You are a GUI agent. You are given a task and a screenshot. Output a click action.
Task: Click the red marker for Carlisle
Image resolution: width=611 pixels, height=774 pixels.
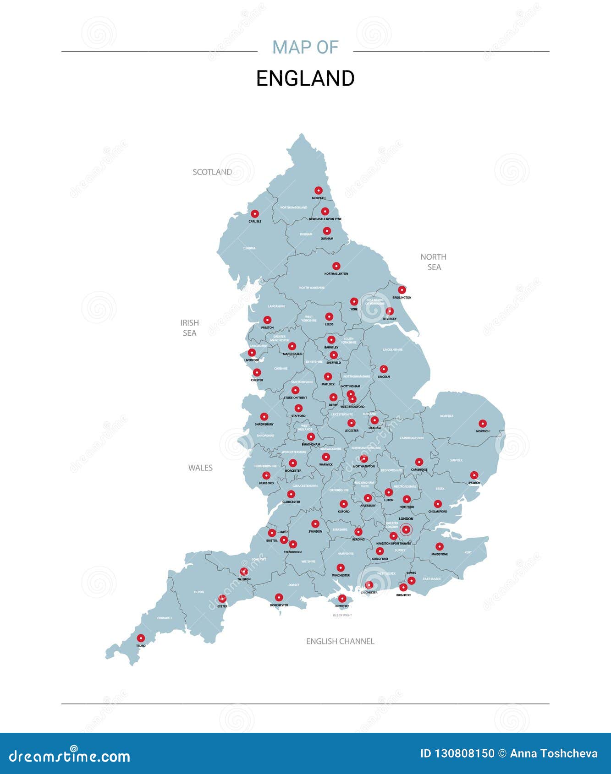click(x=255, y=214)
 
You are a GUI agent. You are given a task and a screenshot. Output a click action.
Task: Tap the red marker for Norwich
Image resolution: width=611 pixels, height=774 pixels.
click(x=482, y=424)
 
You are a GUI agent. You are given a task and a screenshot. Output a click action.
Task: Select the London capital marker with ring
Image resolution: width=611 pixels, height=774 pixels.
click(x=406, y=529)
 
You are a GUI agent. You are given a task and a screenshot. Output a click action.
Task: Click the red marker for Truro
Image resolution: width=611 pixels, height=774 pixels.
click(x=141, y=638)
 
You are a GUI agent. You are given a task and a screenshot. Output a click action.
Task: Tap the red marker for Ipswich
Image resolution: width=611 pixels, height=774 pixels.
click(x=474, y=475)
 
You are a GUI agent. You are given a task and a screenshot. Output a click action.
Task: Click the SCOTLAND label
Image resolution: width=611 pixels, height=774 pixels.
click(x=212, y=172)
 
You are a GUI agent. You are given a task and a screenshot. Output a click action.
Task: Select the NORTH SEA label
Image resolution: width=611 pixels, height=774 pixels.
click(x=434, y=262)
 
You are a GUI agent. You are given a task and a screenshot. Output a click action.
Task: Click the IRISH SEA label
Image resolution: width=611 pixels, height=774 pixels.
click(x=189, y=328)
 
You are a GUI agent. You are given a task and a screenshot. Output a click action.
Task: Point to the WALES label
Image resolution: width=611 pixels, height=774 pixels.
click(x=200, y=468)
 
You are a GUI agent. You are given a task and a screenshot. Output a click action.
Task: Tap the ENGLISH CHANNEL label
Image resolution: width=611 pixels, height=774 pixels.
click(x=340, y=641)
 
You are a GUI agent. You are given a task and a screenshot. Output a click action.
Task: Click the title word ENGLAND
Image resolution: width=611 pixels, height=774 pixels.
click(x=305, y=78)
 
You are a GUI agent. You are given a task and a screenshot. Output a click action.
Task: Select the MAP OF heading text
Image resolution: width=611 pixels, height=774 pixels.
click(x=305, y=47)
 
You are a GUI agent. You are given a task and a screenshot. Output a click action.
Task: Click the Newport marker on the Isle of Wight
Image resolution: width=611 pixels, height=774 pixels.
click(x=342, y=599)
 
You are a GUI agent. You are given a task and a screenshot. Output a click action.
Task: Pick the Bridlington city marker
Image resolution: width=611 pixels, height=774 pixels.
click(x=402, y=290)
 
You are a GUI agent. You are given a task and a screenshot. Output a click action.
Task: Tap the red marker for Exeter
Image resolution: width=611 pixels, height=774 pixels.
click(x=222, y=599)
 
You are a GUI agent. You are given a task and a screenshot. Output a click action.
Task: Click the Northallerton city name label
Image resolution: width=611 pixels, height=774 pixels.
click(x=336, y=274)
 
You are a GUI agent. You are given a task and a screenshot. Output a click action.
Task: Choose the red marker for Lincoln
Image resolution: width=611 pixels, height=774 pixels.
click(x=384, y=369)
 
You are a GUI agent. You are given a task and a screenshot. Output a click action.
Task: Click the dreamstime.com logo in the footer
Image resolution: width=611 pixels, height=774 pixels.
click(x=70, y=756)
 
